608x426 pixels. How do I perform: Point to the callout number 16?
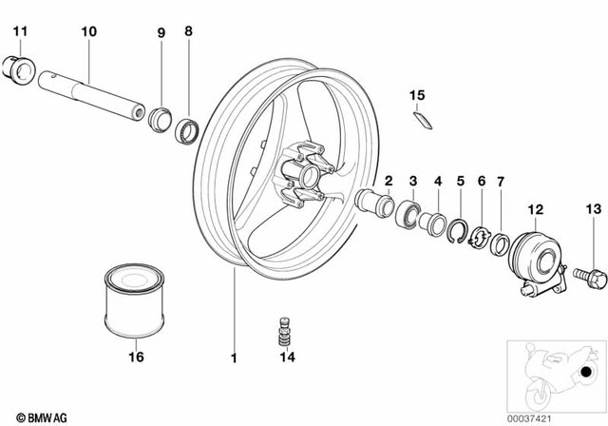(x=135, y=358)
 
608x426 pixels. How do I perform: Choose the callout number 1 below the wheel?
(x=231, y=358)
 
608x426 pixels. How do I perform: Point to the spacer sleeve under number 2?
(x=374, y=203)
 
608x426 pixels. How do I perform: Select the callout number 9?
(x=161, y=32)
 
